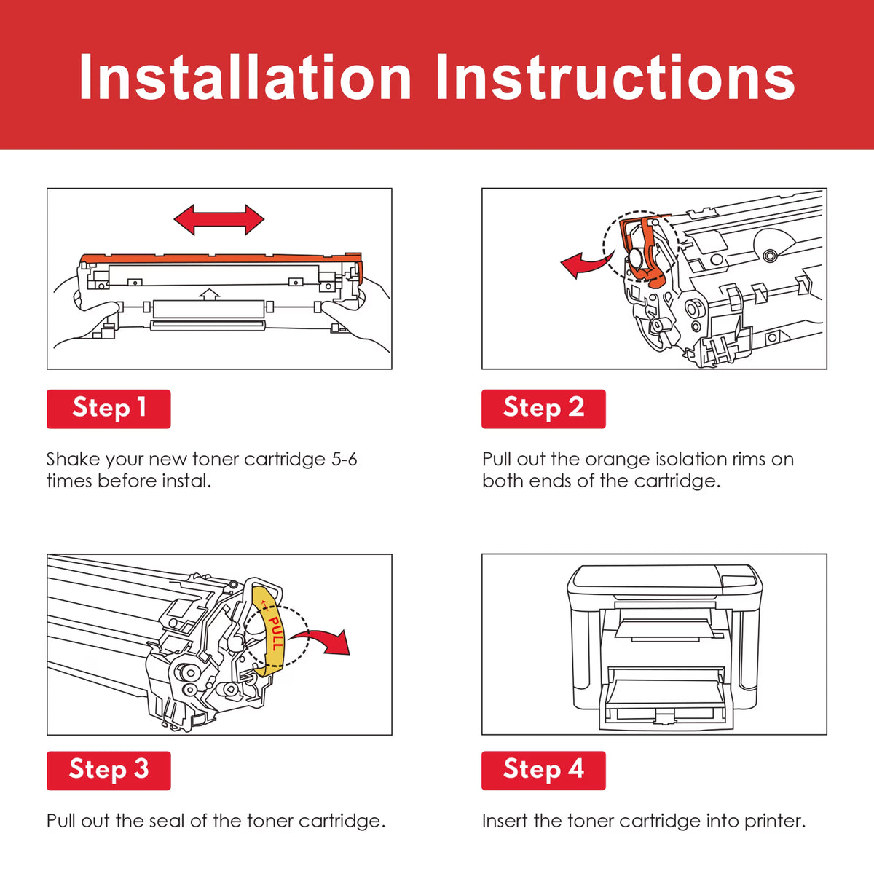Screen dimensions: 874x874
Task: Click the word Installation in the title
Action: coord(245,77)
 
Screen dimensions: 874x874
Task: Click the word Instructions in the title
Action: coord(615,77)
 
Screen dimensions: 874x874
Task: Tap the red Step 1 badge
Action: coord(109,409)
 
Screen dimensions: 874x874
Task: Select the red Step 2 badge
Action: coord(543,409)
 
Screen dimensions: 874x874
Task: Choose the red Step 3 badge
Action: coord(109,771)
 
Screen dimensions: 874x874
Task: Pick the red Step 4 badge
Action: coord(543,771)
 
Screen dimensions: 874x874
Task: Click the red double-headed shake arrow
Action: coord(219,219)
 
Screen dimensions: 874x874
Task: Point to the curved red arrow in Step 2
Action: coord(587,264)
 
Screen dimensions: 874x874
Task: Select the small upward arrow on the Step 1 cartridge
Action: coord(209,294)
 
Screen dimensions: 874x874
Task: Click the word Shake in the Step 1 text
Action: coord(73,460)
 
